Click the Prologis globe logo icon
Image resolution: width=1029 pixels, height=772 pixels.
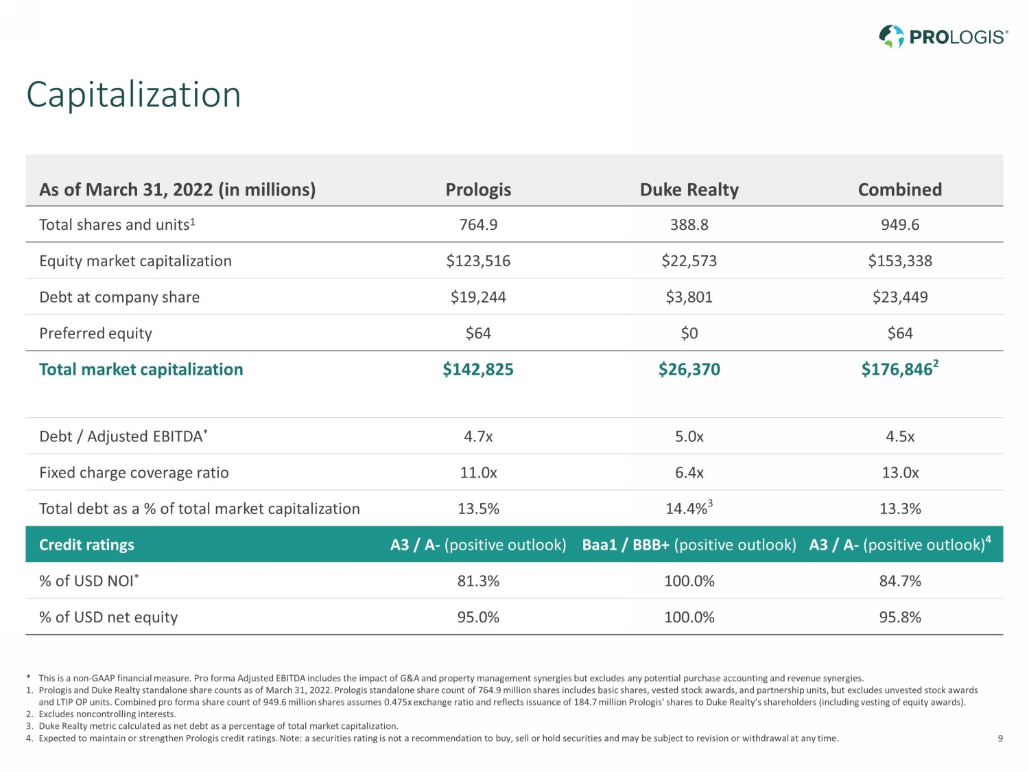click(891, 36)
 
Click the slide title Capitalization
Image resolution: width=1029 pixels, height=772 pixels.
click(134, 95)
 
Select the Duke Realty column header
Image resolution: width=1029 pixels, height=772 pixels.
click(689, 189)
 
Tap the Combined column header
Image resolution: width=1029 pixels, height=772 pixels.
click(899, 189)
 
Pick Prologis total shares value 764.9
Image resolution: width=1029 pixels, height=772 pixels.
click(478, 225)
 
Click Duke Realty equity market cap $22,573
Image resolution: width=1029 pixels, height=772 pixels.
click(689, 261)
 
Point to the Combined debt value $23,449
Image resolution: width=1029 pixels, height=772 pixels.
click(899, 297)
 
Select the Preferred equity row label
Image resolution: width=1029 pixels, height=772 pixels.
click(95, 334)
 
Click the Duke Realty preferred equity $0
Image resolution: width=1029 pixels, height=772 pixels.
click(689, 334)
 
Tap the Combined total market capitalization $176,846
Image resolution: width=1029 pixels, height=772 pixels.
click(897, 370)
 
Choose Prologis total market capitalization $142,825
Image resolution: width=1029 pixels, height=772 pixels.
click(477, 370)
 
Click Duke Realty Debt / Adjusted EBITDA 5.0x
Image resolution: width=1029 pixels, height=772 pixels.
click(689, 437)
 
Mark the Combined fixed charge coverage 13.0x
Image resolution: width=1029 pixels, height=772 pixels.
click(899, 473)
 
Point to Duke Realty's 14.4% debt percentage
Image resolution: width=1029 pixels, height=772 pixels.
click(687, 509)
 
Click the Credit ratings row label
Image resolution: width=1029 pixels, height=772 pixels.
click(86, 545)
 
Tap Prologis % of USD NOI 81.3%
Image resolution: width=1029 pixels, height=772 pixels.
click(478, 581)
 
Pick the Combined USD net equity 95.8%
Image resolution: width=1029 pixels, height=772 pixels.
click(899, 618)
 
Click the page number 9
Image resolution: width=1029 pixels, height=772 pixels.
click(1000, 738)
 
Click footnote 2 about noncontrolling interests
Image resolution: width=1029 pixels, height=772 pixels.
click(107, 714)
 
